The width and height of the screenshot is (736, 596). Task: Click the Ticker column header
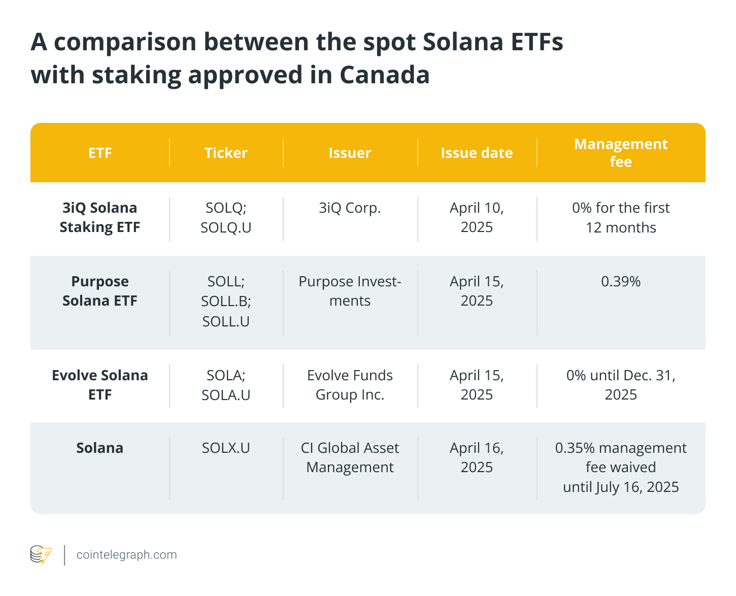[226, 153]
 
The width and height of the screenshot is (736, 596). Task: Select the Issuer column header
[350, 153]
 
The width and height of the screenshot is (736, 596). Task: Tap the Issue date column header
[477, 153]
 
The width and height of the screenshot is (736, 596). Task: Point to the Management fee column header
[620, 153]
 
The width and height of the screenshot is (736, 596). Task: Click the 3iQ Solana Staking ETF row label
[99, 217]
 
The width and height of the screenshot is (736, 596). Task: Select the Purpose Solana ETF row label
[99, 291]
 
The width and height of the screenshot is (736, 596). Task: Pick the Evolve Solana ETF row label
[99, 385]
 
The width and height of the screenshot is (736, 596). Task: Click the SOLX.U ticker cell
[226, 448]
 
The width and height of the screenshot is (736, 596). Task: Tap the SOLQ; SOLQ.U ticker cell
[226, 217]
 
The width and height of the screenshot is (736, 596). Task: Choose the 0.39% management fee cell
[620, 281]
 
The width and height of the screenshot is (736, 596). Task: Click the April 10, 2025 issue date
[477, 217]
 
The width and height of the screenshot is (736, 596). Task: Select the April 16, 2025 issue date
[477, 457]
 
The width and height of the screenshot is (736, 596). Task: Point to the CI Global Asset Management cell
[350, 457]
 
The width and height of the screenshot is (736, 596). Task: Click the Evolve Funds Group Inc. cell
[350, 385]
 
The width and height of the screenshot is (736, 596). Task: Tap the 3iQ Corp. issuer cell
[350, 208]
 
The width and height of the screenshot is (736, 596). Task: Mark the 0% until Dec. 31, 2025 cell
[620, 385]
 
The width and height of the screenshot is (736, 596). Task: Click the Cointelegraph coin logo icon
[41, 555]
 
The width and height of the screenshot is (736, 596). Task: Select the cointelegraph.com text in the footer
[126, 555]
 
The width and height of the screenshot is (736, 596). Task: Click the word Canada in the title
[384, 75]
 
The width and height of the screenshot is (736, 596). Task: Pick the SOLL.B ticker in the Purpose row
[226, 301]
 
